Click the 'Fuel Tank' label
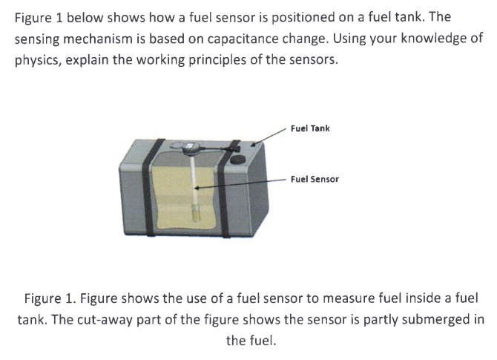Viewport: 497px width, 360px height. click(x=310, y=128)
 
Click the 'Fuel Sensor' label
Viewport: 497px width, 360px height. click(x=315, y=179)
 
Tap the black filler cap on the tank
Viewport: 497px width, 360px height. click(x=238, y=160)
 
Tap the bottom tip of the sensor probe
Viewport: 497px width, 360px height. click(x=197, y=218)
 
